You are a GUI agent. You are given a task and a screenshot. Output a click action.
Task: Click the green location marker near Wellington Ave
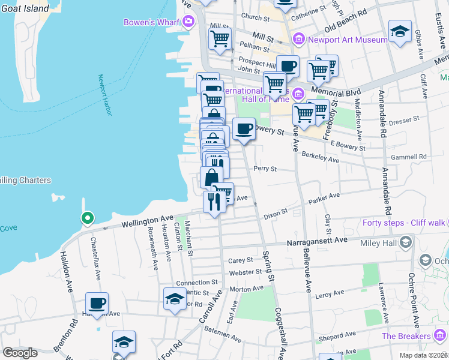pyautogui.click(x=87, y=218)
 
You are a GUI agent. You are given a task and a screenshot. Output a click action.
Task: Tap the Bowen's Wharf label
pyautogui.click(x=152, y=22)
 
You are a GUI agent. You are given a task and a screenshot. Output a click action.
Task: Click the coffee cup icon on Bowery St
pyautogui.click(x=243, y=128)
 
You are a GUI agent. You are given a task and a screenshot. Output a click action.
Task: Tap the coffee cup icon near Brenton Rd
pyautogui.click(x=97, y=303)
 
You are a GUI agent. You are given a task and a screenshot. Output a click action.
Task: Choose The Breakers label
pyautogui.click(x=406, y=336)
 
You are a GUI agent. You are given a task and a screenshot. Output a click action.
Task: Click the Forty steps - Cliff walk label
pyautogui.click(x=404, y=223)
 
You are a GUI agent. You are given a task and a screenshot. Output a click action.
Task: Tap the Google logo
pyautogui.click(x=20, y=353)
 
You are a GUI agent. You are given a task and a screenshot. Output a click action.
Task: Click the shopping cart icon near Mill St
pyautogui.click(x=220, y=38)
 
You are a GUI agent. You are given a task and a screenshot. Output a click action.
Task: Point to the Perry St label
pyautogui.click(x=264, y=169)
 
